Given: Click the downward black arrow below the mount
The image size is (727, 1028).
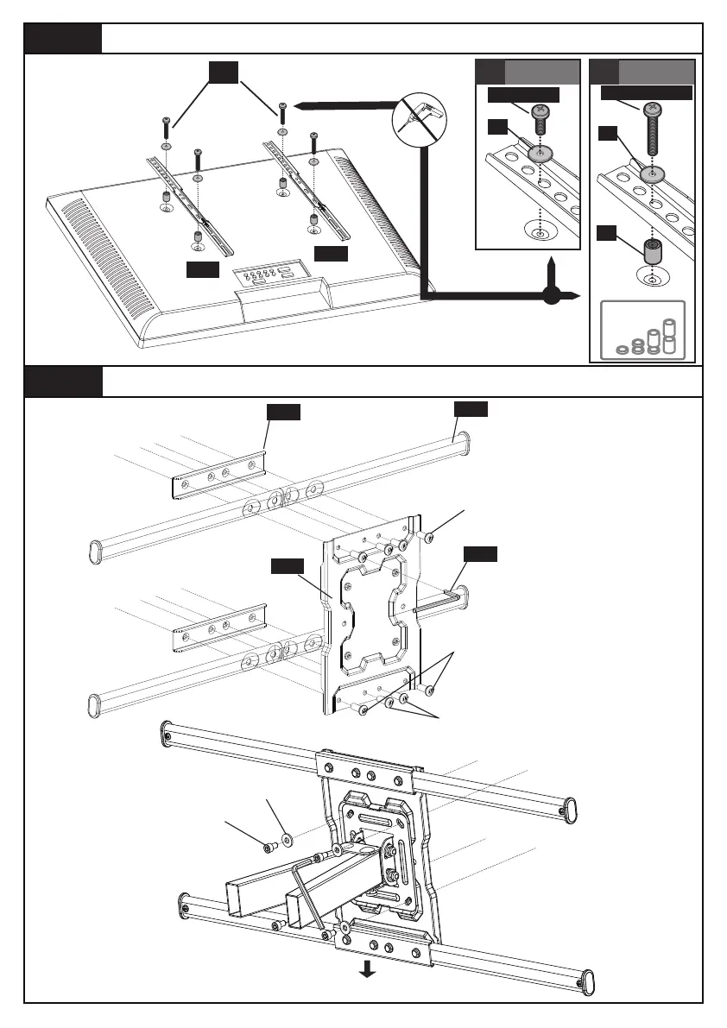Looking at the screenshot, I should tap(367, 969).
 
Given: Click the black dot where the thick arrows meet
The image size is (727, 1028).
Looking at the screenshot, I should tap(551, 296).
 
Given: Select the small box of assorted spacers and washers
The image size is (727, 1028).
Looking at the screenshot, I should tap(642, 331).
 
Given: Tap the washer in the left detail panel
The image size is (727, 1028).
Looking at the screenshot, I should tap(541, 154).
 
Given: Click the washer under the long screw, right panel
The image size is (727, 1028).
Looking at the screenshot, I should tap(652, 175).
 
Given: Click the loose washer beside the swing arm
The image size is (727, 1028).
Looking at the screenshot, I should tap(286, 837).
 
